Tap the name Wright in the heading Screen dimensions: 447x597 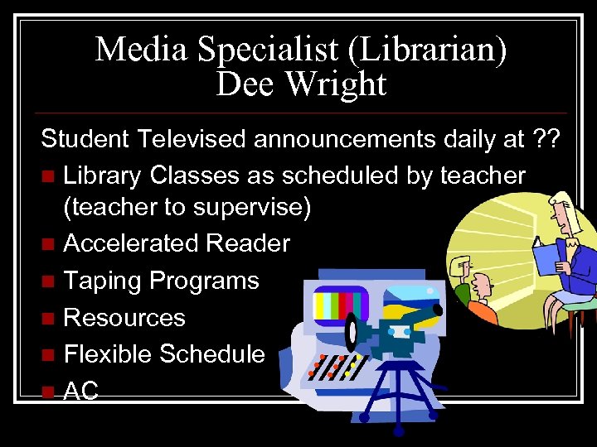pos(342,84)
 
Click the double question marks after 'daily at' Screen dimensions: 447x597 pos(547,139)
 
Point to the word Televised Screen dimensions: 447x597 pos(192,139)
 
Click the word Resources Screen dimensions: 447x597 pos(124,317)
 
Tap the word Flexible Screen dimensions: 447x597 pos(108,354)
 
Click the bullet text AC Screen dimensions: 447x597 pos(81,392)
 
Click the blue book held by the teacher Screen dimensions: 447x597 pos(549,257)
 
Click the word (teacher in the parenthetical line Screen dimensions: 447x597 pos(104,208)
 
